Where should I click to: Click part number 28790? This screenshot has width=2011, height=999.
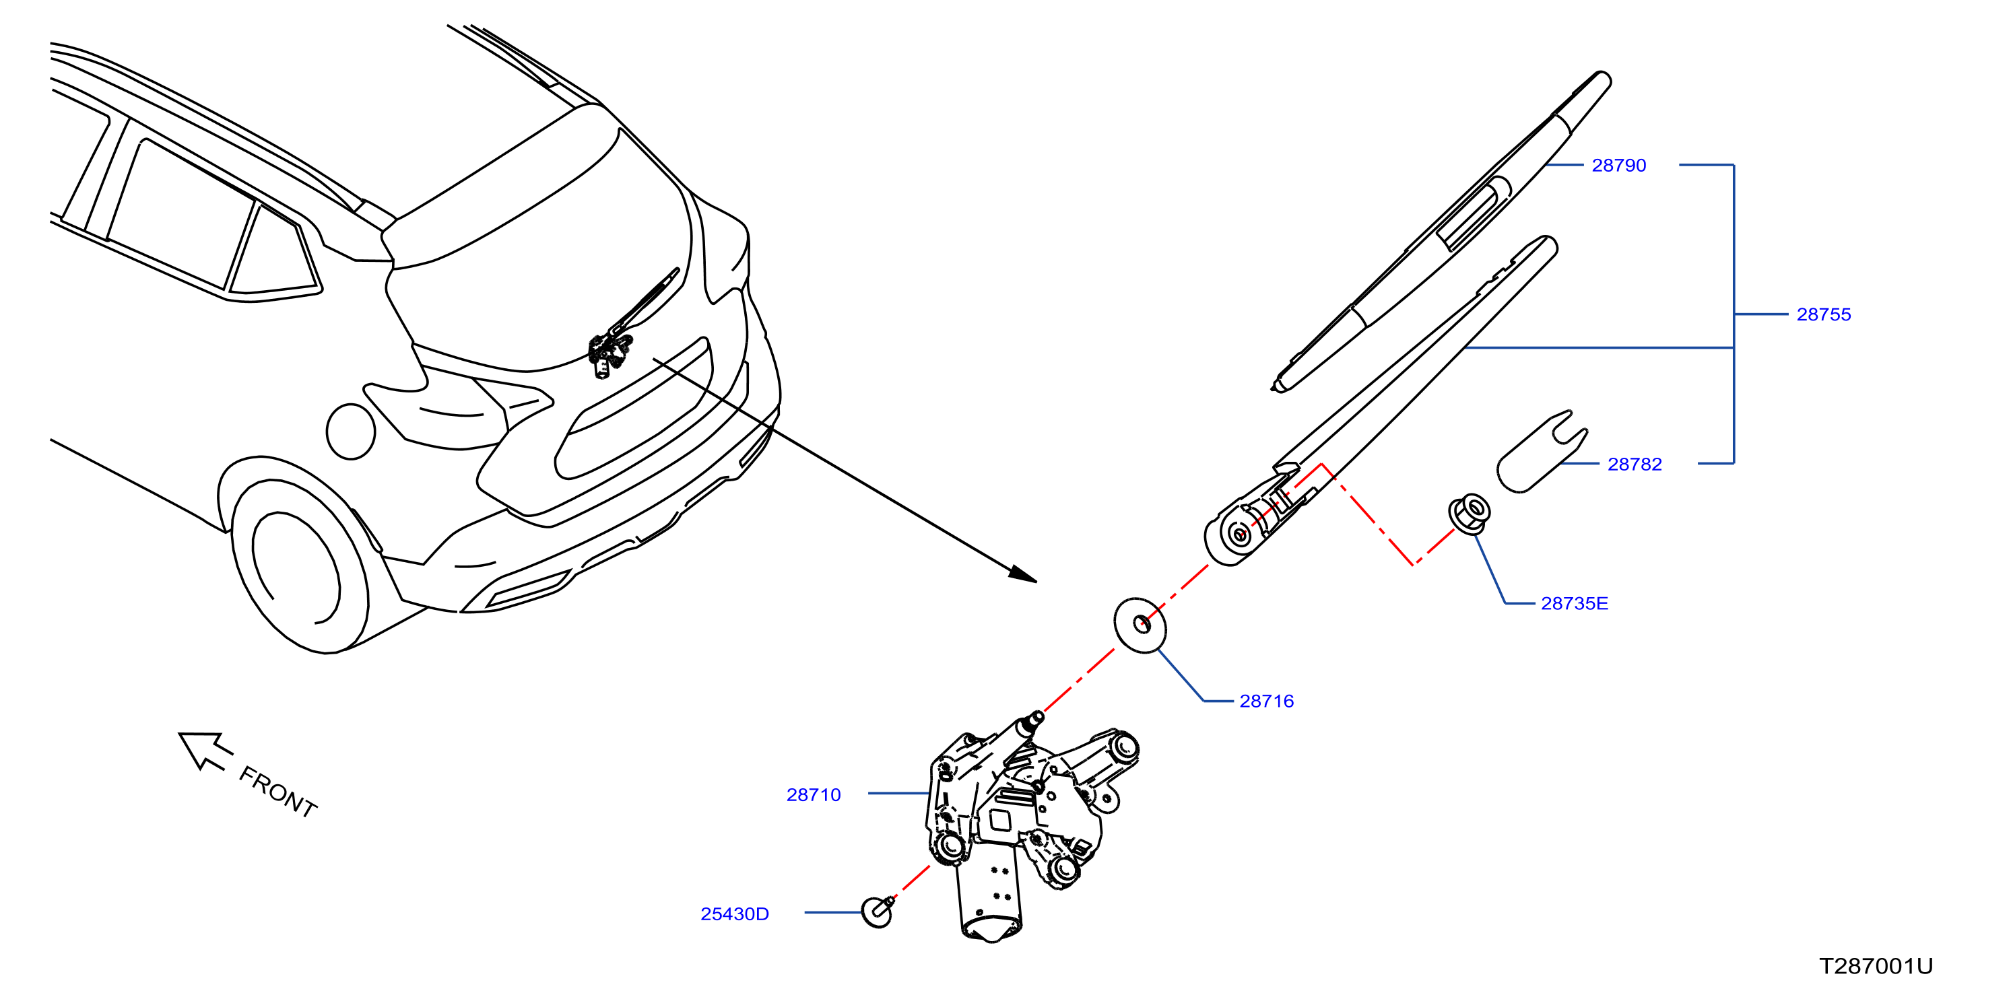(x=1618, y=166)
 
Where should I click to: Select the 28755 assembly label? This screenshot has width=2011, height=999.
(x=1824, y=314)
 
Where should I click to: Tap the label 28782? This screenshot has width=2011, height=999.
(x=1634, y=464)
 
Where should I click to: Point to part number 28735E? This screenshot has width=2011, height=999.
(x=1574, y=603)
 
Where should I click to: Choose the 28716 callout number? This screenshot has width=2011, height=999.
(x=1266, y=701)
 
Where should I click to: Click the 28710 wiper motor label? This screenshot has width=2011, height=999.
(x=814, y=794)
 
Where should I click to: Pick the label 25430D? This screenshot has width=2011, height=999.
(x=735, y=914)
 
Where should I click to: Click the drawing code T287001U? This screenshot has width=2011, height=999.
(x=1876, y=966)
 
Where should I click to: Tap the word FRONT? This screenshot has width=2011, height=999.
(x=278, y=792)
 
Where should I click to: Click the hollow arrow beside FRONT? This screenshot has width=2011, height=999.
(x=205, y=749)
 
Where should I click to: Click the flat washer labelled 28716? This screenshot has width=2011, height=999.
(x=1140, y=625)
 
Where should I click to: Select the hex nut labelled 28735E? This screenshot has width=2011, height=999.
(x=1470, y=514)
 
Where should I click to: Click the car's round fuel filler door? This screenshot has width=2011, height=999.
(x=350, y=431)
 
